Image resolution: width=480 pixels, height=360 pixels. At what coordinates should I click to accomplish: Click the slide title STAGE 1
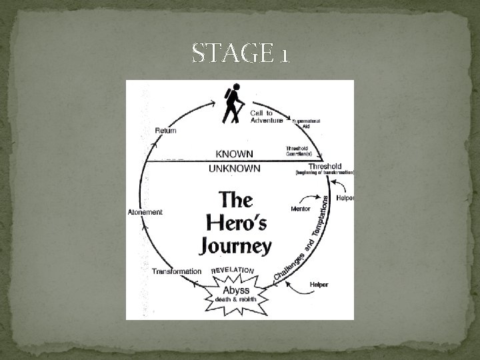(x=240, y=53)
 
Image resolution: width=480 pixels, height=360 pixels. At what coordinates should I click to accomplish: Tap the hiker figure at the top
(x=232, y=104)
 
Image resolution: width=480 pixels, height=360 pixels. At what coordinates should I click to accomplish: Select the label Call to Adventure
(x=266, y=116)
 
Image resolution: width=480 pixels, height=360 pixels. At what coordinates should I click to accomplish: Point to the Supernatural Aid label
(x=307, y=123)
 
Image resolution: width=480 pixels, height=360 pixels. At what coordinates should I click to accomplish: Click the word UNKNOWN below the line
(x=234, y=169)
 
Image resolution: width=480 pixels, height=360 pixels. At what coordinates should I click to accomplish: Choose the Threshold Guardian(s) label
(x=300, y=151)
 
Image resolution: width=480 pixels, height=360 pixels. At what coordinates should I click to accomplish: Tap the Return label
(x=165, y=130)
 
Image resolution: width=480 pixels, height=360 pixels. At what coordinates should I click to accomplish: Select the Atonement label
(x=145, y=212)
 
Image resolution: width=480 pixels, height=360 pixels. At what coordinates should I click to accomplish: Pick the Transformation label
(x=176, y=271)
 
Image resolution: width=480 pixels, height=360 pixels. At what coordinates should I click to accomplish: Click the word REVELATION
(x=233, y=271)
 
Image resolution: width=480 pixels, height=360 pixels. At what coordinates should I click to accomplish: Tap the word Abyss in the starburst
(x=236, y=290)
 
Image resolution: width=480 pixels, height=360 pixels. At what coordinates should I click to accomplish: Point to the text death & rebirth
(x=236, y=299)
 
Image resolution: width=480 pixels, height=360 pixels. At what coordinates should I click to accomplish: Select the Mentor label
(x=301, y=209)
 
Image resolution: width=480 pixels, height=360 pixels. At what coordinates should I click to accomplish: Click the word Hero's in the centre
(x=236, y=223)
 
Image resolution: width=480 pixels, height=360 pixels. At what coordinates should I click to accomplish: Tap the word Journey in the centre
(x=236, y=245)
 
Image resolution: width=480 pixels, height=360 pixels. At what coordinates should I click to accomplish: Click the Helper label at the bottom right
(x=319, y=285)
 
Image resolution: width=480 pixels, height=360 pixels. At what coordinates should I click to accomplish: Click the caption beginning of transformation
(x=325, y=173)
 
